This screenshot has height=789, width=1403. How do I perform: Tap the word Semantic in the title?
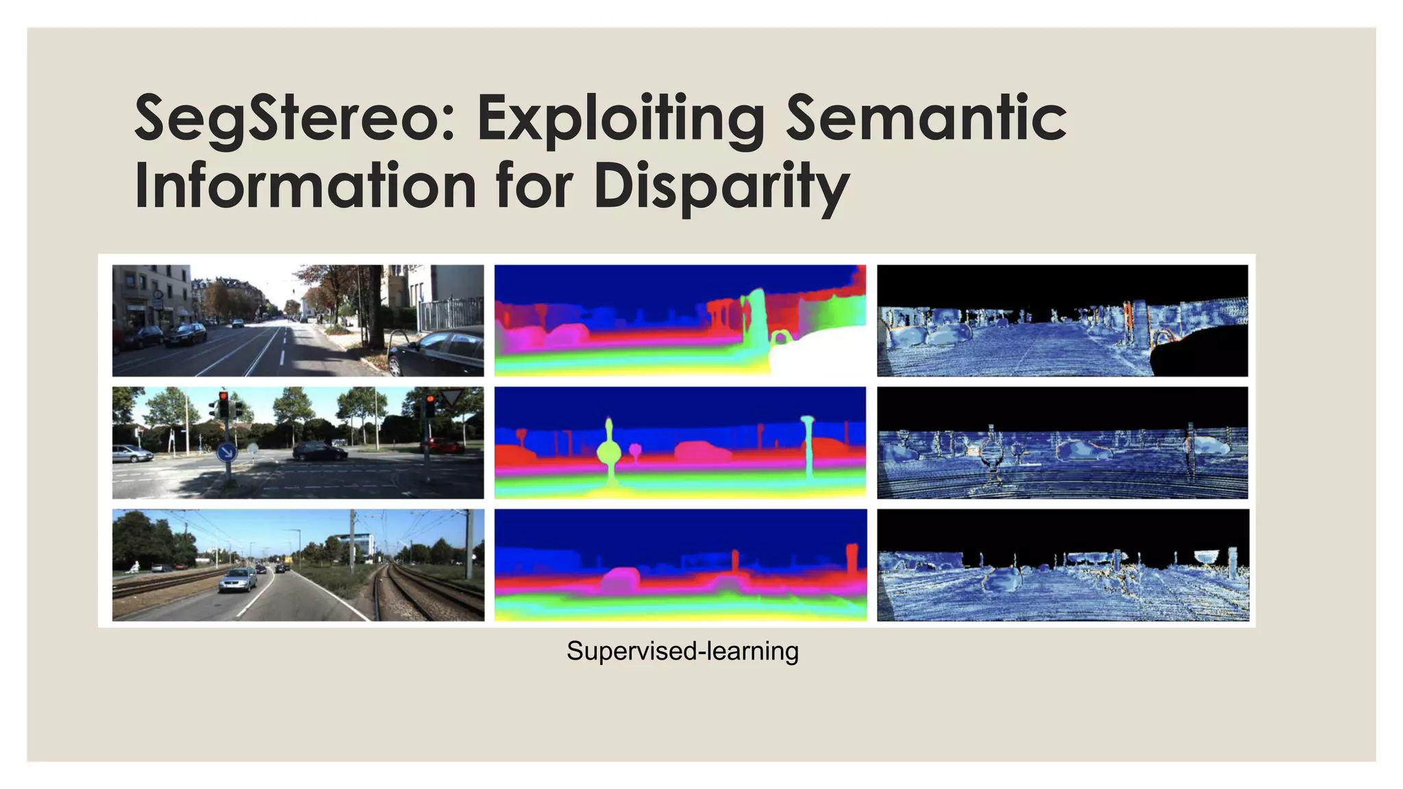(926, 118)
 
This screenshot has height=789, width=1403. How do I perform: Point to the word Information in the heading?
(306, 186)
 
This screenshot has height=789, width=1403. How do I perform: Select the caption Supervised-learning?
(682, 651)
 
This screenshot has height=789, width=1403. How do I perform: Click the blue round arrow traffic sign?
(227, 452)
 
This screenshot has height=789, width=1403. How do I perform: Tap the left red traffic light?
(223, 404)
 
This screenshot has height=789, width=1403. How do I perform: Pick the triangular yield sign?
(450, 397)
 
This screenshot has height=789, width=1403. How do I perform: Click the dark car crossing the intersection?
(319, 451)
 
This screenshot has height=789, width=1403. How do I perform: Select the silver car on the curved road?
(238, 579)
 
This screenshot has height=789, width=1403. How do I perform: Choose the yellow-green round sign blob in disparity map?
(608, 453)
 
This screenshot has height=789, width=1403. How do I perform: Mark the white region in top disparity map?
(815, 353)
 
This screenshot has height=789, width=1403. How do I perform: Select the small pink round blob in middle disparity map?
(635, 450)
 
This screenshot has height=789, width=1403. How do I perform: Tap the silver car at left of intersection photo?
(132, 453)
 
